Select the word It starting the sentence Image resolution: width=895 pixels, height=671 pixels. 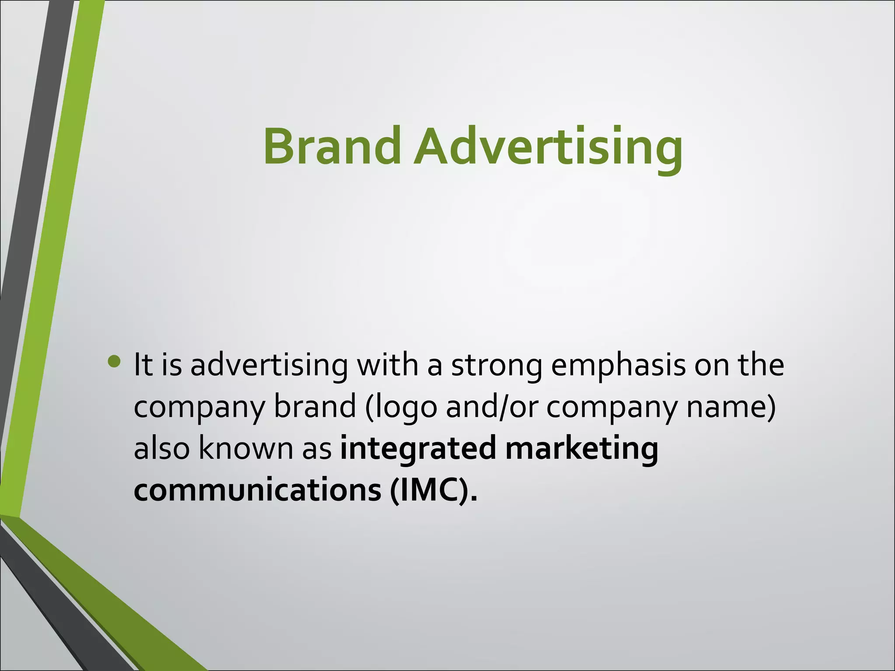tap(143, 365)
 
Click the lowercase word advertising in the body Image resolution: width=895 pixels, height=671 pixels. tap(269, 365)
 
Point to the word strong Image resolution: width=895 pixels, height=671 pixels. tap(496, 365)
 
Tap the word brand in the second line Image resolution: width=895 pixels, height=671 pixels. tap(315, 407)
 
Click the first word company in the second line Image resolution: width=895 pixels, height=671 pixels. tap(199, 407)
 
